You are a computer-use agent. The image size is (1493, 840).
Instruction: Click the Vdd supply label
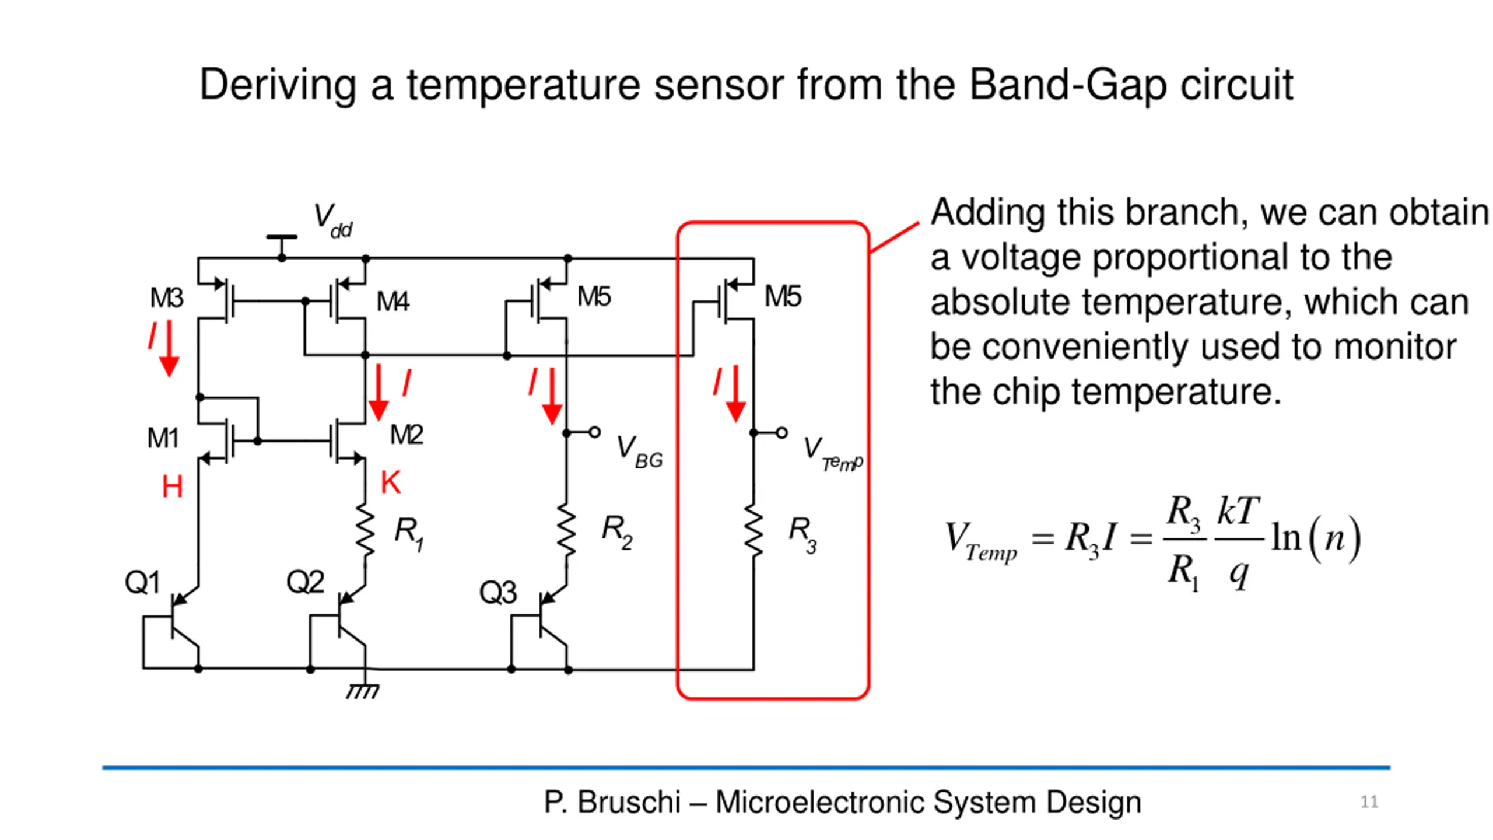(x=333, y=220)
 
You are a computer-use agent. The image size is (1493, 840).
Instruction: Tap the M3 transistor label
(x=166, y=298)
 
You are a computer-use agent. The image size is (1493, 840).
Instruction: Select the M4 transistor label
(x=392, y=302)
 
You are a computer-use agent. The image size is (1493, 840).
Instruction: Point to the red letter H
(x=172, y=486)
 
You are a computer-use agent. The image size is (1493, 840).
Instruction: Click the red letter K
(x=391, y=482)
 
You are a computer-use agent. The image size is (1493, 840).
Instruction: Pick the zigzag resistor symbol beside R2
(x=566, y=531)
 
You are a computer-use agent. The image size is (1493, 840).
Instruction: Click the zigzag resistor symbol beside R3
(x=753, y=531)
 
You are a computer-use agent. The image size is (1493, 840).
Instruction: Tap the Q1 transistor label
(x=142, y=582)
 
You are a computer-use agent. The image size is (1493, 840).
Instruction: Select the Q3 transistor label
(x=497, y=593)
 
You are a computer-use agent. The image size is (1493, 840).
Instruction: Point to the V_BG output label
(x=639, y=452)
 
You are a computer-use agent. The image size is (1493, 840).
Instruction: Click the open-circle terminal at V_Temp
(x=781, y=433)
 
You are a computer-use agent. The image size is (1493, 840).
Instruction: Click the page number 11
(x=1369, y=802)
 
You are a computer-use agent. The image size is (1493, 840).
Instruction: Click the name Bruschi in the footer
(x=629, y=802)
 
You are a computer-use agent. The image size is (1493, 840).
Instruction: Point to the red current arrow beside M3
(x=169, y=348)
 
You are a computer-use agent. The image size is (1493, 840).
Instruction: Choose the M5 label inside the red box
(x=783, y=296)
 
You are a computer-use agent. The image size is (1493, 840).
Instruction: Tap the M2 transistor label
(x=406, y=435)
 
